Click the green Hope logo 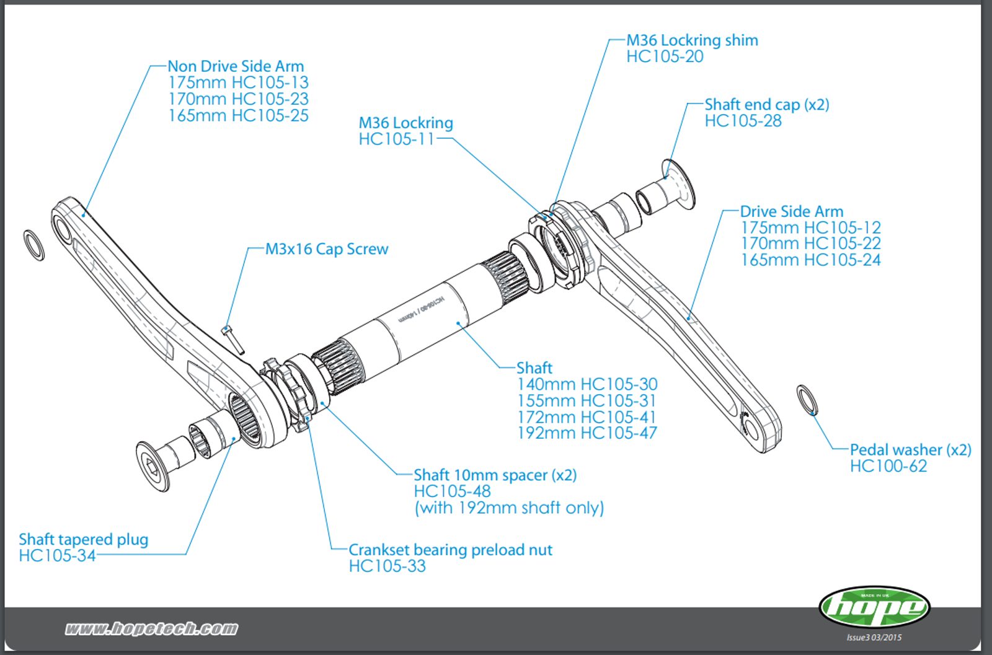pyautogui.click(x=874, y=607)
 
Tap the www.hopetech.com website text pyautogui.click(x=151, y=629)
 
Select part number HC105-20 pyautogui.click(x=665, y=57)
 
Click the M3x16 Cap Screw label pyautogui.click(x=327, y=249)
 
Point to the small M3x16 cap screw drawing pyautogui.click(x=231, y=340)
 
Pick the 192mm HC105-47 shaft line pyautogui.click(x=587, y=433)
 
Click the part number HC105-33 pyautogui.click(x=387, y=566)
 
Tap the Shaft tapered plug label pyautogui.click(x=84, y=539)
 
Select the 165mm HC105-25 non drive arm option pyautogui.click(x=238, y=116)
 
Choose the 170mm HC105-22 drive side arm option pyautogui.click(x=810, y=244)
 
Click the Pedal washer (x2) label pyautogui.click(x=910, y=450)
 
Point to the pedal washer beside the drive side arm pyautogui.click(x=807, y=400)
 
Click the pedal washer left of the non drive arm pyautogui.click(x=34, y=245)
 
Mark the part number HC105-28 pyautogui.click(x=743, y=121)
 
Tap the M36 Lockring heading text pyautogui.click(x=406, y=123)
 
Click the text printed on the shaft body pyautogui.click(x=422, y=309)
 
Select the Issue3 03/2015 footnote pyautogui.click(x=874, y=637)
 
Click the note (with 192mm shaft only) pyautogui.click(x=509, y=508)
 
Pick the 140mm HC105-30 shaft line pyautogui.click(x=587, y=384)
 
